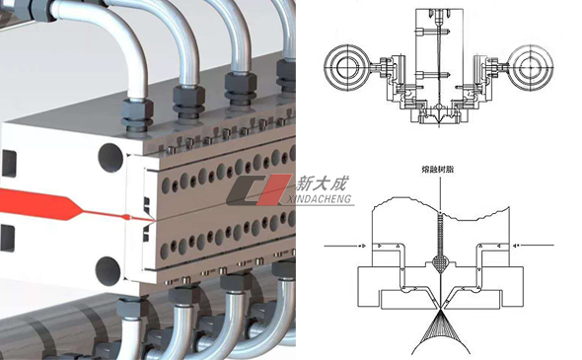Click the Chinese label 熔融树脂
point(438,170)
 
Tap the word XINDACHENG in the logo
point(320,199)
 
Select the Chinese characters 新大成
point(323,183)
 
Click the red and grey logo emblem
point(258,190)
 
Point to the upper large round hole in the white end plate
point(110,158)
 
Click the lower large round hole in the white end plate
point(108,271)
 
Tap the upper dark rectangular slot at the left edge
point(8,164)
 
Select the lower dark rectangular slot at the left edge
point(8,238)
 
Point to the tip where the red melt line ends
point(153,222)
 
